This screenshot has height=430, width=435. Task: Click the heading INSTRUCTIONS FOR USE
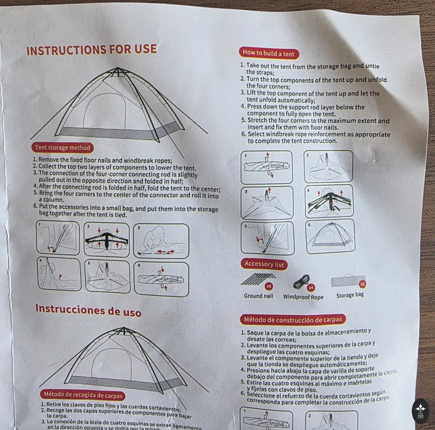point(91,50)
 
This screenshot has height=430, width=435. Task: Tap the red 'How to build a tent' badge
point(269,54)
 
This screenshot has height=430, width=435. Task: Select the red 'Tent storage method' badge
point(62,148)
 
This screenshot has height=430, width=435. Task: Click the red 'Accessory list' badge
point(264,264)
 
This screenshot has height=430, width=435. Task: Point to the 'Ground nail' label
point(258,296)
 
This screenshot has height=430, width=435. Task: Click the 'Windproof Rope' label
point(303,297)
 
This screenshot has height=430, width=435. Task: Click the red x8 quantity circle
point(269,286)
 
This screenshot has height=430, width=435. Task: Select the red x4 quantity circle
point(311,287)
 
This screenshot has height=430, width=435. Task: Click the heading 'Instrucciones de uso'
point(88,311)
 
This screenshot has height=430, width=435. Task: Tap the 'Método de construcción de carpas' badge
point(293,320)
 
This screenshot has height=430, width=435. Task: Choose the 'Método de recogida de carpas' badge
point(83,395)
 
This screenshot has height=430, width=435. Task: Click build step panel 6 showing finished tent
point(331,236)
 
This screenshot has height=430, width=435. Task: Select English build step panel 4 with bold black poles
point(329,201)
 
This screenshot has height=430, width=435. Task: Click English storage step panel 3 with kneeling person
point(161,241)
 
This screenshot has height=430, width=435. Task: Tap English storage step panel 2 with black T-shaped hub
point(107,240)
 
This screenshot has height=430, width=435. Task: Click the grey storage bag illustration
point(348,281)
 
